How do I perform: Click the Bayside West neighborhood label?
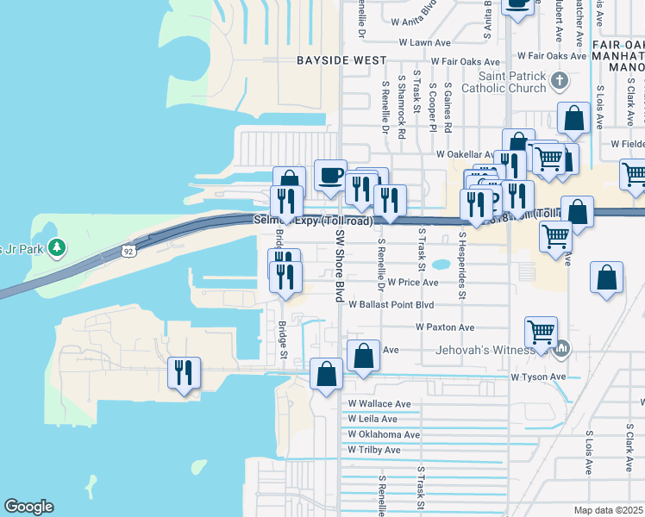(341, 60)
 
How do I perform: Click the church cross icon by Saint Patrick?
(560, 81)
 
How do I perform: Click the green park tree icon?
(57, 248)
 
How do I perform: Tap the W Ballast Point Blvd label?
(391, 305)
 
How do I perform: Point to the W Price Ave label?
(413, 282)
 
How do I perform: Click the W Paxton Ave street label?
(445, 327)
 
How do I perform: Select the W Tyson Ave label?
(538, 377)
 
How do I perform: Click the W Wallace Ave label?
(379, 403)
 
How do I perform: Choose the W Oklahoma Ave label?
(384, 434)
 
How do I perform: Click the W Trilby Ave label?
(374, 450)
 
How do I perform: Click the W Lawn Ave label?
(425, 42)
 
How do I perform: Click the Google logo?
(28, 507)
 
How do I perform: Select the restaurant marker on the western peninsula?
(184, 372)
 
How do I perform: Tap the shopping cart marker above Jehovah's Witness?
(541, 331)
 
